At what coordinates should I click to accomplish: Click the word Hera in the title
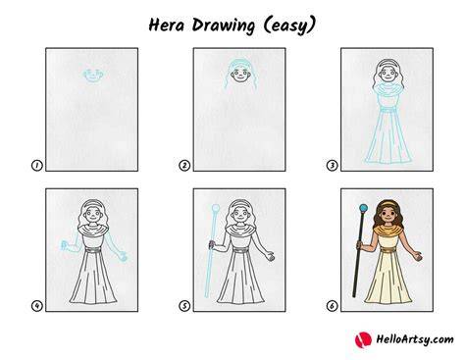coord(167,26)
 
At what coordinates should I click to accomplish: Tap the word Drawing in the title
coord(224,26)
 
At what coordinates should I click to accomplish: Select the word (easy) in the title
coord(289,26)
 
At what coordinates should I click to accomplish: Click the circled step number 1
coord(37,166)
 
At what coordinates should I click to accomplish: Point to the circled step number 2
coord(184,166)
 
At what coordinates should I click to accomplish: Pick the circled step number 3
coord(332,166)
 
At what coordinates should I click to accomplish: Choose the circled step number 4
coord(37,306)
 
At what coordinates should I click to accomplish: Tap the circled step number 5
coord(184,306)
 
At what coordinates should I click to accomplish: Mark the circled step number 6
coord(332,306)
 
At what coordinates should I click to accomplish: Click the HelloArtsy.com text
coord(415,339)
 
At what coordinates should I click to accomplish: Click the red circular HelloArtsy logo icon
coord(363,339)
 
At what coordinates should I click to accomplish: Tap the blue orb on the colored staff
coord(363,208)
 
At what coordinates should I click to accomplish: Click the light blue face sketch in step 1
coord(93,76)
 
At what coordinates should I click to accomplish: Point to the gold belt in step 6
coord(388,250)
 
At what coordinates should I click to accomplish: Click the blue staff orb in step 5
coord(216,208)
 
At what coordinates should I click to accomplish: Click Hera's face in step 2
coord(240,75)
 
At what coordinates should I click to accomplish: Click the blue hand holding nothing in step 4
coord(122,256)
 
